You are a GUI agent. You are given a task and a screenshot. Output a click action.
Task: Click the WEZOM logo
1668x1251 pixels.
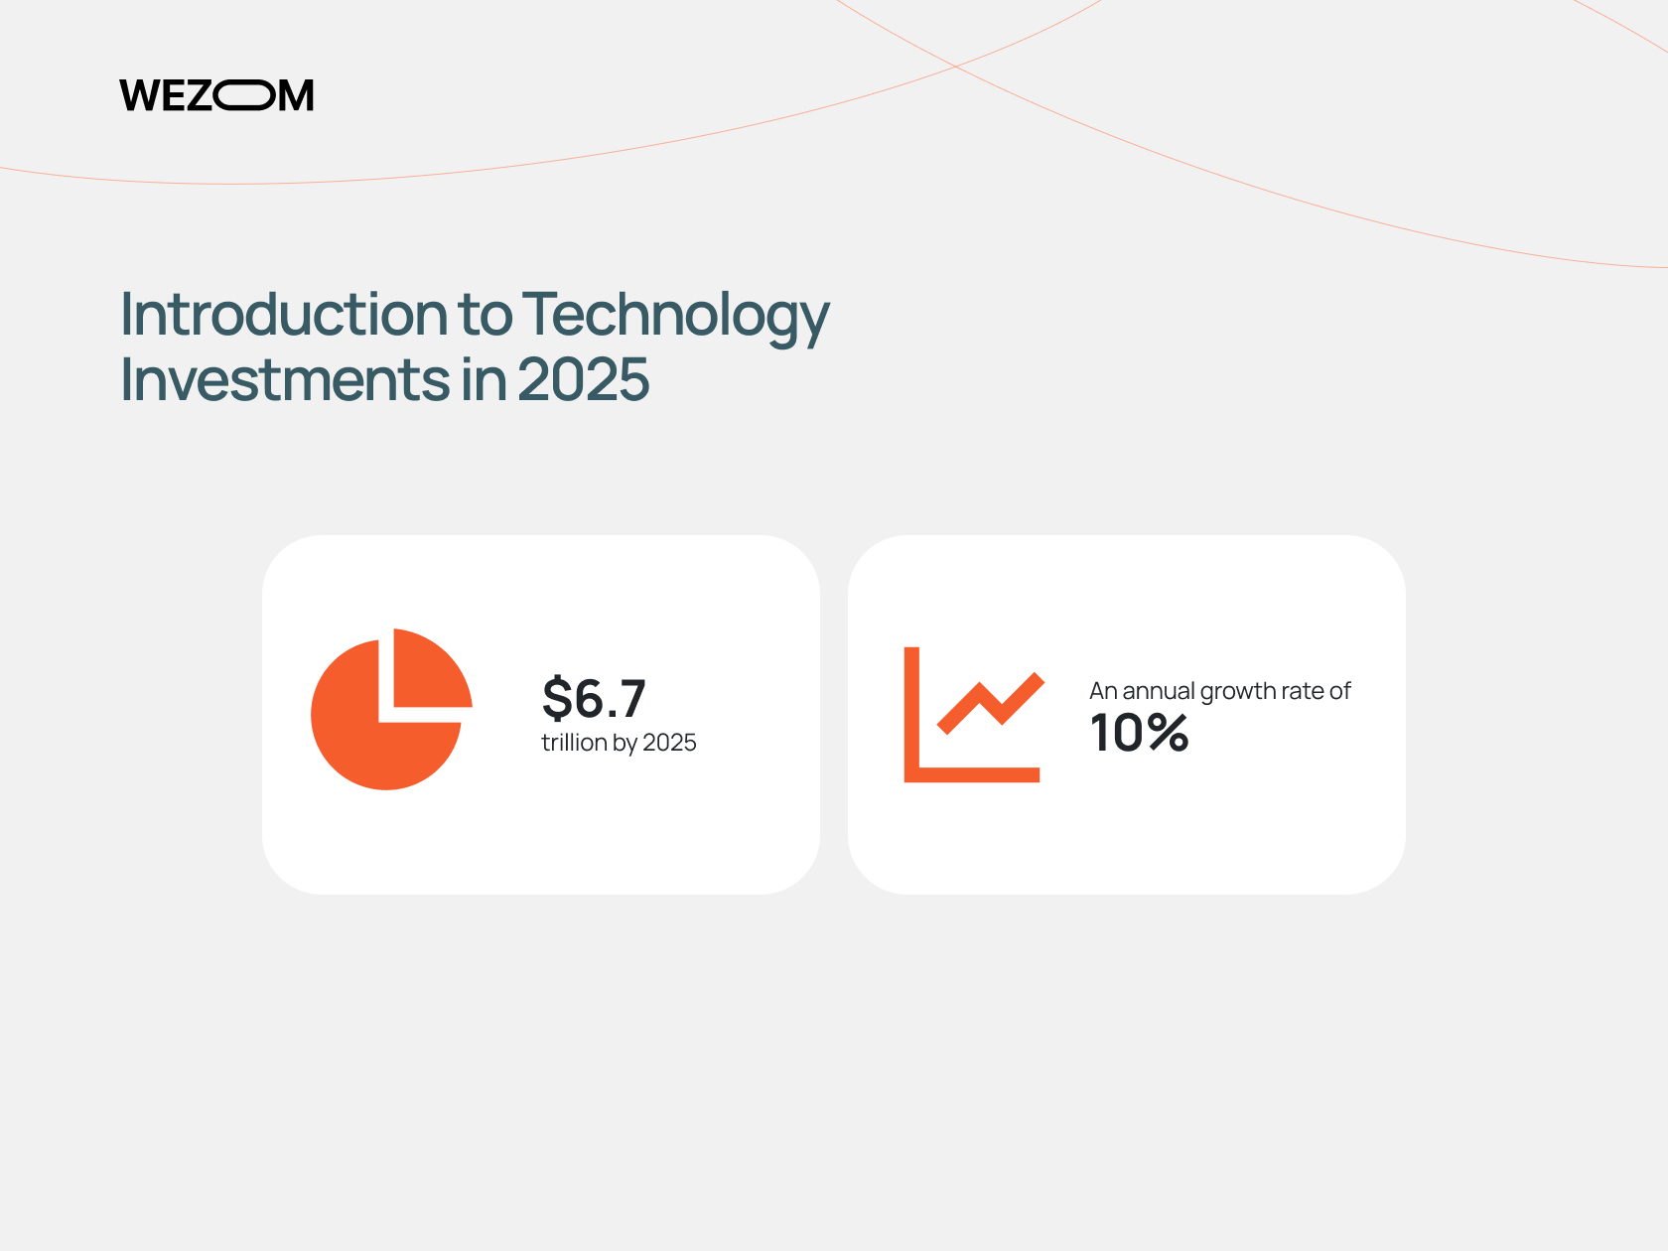[x=216, y=95]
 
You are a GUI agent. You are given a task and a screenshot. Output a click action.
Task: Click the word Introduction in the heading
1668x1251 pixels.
[x=284, y=314]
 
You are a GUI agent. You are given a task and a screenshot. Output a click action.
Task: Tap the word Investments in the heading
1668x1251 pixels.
[x=285, y=379]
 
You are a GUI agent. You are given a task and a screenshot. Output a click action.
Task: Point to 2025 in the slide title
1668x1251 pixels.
[x=584, y=379]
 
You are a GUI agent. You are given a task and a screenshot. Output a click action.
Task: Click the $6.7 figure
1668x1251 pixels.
[x=594, y=698]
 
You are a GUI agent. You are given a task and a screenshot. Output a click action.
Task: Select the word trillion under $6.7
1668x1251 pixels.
[x=574, y=742]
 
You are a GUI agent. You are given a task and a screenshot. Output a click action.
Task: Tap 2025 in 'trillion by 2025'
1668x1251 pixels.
[x=669, y=742]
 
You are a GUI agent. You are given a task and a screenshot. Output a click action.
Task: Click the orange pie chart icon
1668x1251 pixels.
[x=391, y=710]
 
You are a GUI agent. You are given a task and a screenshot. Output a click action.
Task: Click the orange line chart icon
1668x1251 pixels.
[x=974, y=715]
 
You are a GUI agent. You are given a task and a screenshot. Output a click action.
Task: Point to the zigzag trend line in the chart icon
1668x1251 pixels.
[x=991, y=703]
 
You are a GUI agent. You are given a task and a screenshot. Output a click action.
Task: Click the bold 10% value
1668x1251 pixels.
[x=1139, y=732]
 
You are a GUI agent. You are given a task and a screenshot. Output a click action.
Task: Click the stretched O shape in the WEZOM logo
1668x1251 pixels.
[x=244, y=95]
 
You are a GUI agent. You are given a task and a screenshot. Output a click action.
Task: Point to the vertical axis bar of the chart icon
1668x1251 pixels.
[x=911, y=715]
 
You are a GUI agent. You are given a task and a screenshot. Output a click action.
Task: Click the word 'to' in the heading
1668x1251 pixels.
[x=485, y=315]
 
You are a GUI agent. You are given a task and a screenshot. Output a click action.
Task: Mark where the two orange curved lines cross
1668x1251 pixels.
[x=955, y=67]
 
